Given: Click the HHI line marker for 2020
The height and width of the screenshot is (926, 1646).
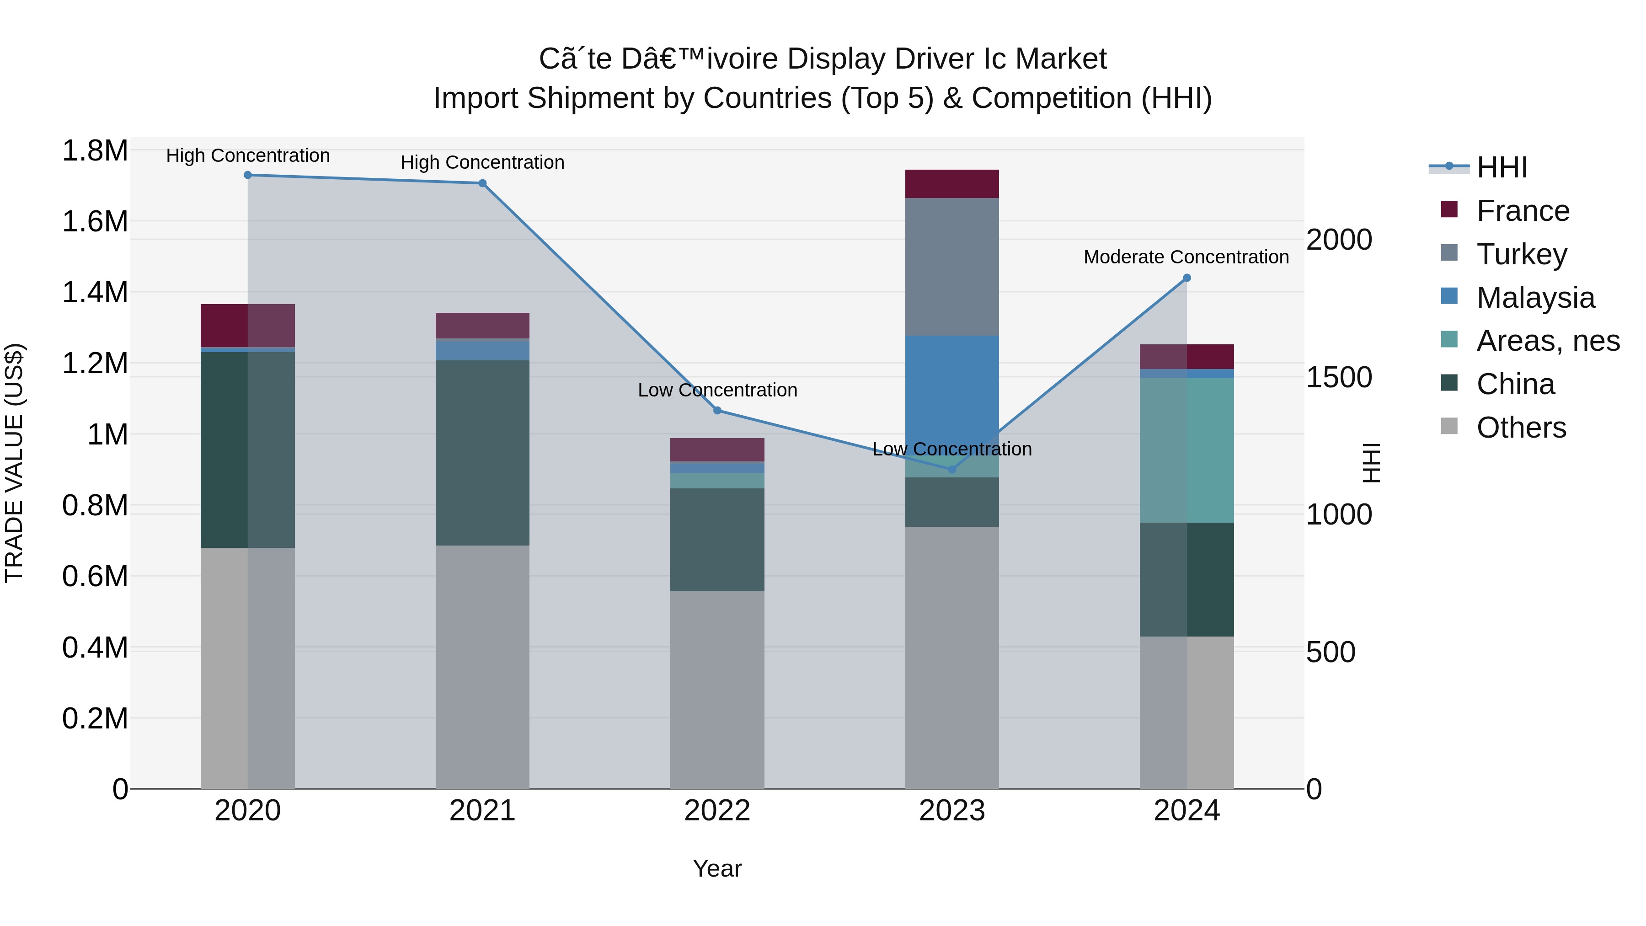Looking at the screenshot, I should pos(248,175).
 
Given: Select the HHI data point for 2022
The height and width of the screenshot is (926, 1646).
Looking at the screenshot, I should pos(717,410).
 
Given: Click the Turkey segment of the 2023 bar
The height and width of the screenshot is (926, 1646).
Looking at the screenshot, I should pos(951,267).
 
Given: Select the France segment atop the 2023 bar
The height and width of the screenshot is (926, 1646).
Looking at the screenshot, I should pos(951,184).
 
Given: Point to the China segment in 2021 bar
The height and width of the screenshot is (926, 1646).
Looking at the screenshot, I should pos(482,452).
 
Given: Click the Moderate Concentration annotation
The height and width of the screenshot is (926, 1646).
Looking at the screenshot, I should pos(1186,257).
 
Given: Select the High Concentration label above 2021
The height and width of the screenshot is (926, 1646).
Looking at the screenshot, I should pos(482,162).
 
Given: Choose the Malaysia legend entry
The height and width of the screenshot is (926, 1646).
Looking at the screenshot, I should pos(1535,298).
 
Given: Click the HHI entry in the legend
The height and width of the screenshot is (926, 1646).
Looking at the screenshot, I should pos(1501,167).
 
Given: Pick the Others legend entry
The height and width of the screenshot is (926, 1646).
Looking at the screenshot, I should pos(1521,428).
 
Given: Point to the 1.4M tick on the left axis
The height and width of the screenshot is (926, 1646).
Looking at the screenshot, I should pos(95,293).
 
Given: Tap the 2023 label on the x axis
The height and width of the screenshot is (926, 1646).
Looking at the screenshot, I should pos(951,811).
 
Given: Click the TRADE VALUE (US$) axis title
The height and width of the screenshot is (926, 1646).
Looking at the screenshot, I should pos(15,463).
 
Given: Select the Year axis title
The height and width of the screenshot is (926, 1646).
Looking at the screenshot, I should pos(717,868).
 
